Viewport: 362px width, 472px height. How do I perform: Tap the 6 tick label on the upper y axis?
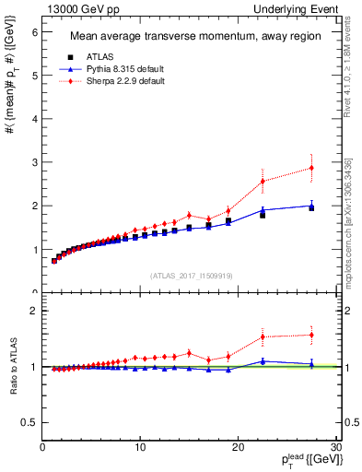coord(34,31)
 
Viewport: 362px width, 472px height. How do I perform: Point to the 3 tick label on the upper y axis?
coord(34,162)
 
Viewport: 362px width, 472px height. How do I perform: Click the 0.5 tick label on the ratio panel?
coord(30,422)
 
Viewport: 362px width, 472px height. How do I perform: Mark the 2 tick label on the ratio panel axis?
coord(34,311)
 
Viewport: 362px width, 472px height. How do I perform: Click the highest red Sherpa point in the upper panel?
coord(311,168)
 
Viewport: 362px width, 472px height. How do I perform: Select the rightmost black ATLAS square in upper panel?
coord(311,207)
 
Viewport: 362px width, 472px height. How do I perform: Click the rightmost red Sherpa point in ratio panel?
coord(311,335)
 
